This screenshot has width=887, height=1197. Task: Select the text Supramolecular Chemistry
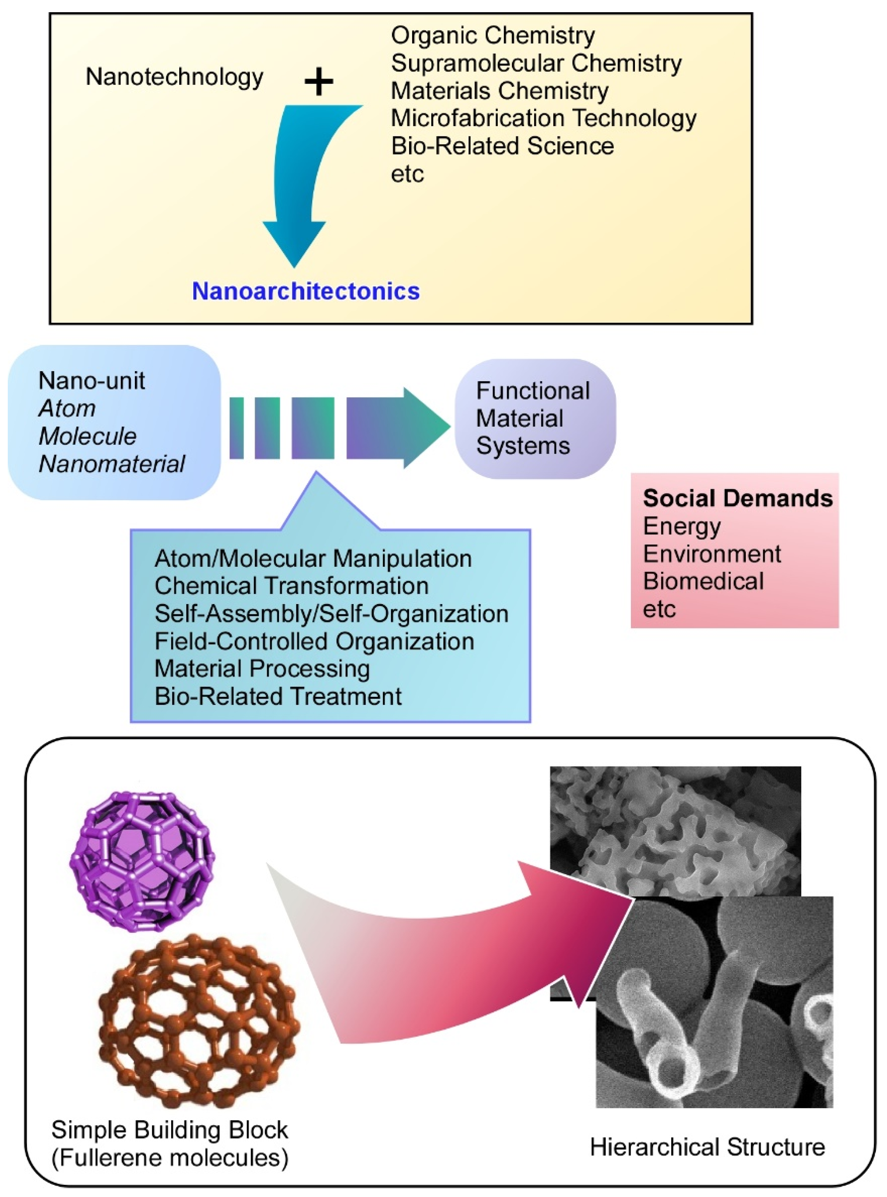coord(536,63)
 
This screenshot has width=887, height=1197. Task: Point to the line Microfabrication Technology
coord(543,119)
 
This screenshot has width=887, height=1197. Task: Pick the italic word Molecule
coord(88,436)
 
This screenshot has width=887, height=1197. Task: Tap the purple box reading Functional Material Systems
coord(535,418)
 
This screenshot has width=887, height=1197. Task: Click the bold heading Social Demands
coord(737,498)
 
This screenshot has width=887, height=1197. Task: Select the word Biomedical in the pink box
coord(703,581)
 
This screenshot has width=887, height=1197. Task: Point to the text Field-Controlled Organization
coord(314,641)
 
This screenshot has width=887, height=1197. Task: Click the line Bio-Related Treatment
coord(278,696)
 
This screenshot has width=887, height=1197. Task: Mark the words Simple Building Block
coord(170,1130)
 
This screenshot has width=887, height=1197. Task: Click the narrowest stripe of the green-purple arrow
coord(236,428)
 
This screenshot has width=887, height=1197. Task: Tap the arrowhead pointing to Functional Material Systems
coord(424,428)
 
